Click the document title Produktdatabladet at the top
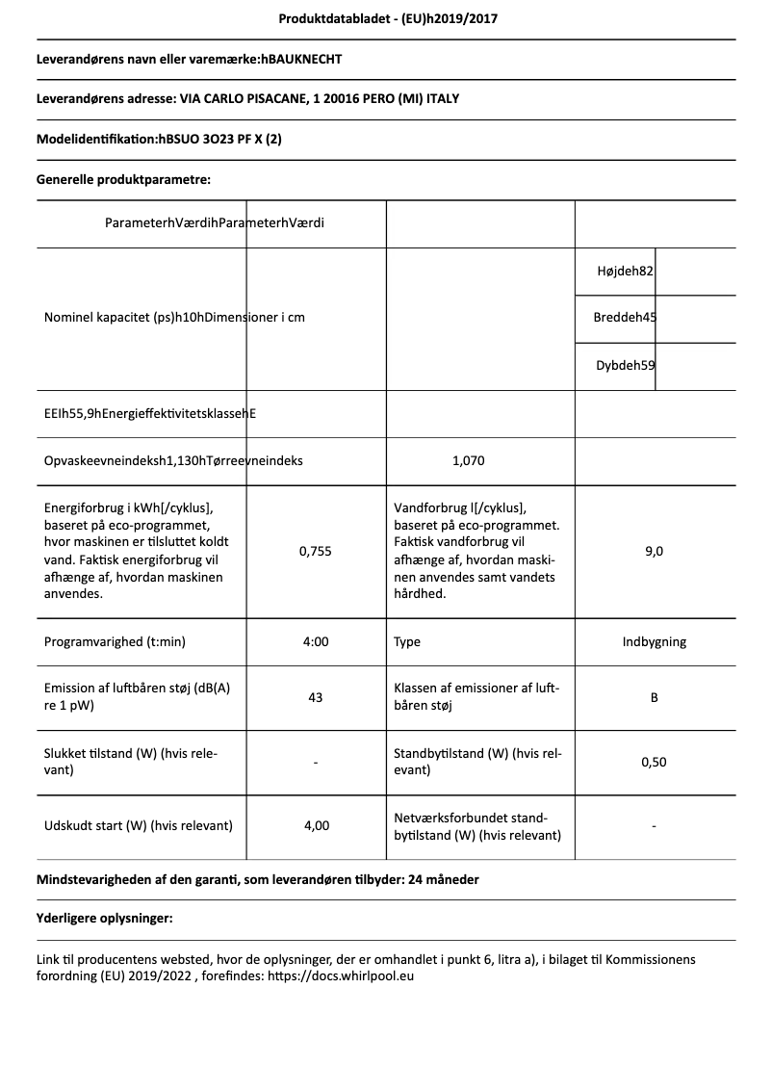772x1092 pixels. click(387, 18)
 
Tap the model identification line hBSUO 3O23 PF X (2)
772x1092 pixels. click(159, 139)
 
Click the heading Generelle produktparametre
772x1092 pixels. click(123, 179)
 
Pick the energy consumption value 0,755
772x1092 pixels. click(315, 551)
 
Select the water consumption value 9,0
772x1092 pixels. click(654, 551)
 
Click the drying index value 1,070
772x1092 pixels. click(468, 460)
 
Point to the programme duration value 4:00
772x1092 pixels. click(315, 641)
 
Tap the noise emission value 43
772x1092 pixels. click(315, 697)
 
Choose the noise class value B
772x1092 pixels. click(654, 697)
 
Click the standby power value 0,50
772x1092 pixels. click(654, 762)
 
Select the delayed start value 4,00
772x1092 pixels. click(315, 825)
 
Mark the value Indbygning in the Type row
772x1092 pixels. click(654, 641)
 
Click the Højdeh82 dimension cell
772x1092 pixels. click(626, 272)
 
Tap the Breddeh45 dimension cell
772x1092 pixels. click(626, 318)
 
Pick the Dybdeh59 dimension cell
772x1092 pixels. click(626, 365)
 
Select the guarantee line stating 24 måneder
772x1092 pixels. click(257, 879)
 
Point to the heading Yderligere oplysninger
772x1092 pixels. click(104, 919)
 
